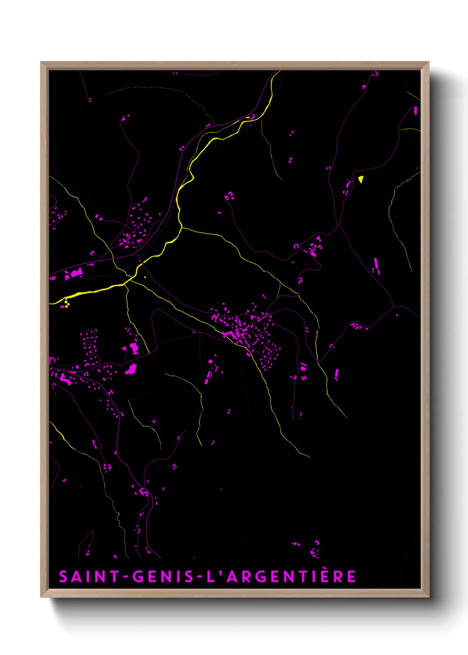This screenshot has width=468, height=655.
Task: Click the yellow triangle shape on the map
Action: tap(361, 179)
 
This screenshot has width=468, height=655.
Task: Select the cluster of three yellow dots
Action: tap(66, 304)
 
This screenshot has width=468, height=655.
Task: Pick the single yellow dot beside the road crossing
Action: tap(145, 277)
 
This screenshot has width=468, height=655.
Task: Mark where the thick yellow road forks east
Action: tap(181, 227)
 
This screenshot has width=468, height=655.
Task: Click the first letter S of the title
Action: tap(63, 577)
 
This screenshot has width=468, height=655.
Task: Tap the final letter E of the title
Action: tap(351, 577)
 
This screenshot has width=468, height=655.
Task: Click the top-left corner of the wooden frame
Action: tap(42, 63)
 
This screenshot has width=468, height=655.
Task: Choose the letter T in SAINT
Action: tap(115, 577)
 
